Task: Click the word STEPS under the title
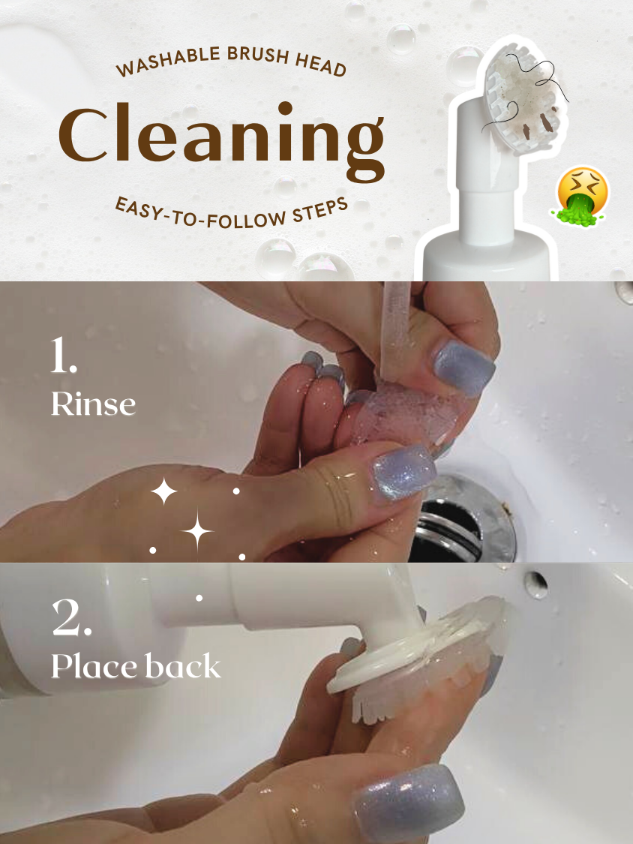tap(319, 209)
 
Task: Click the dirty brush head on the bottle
tap(525, 97)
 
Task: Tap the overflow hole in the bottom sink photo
tap(536, 584)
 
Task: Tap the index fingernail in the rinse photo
tap(464, 368)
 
